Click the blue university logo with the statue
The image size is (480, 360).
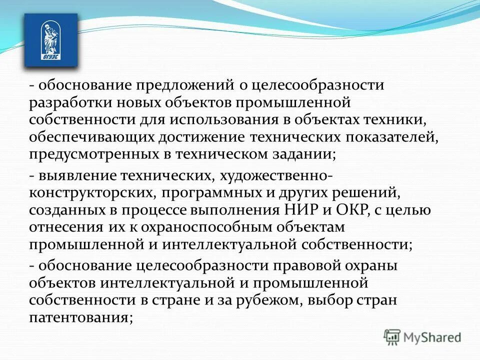click(x=51, y=40)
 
